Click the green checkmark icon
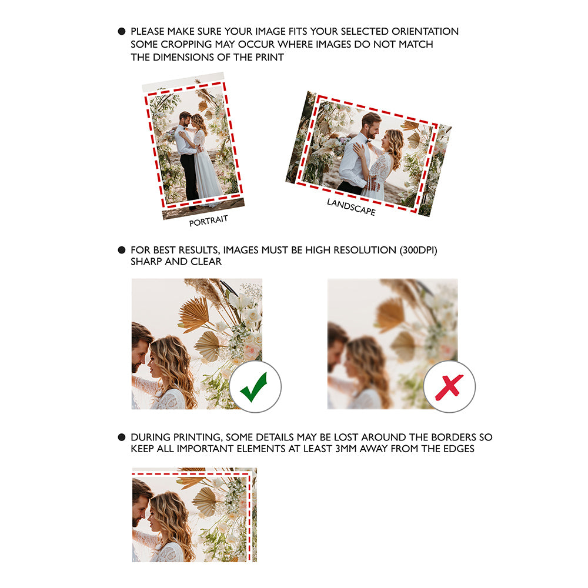click(254, 387)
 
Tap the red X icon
click(449, 387)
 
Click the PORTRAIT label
click(209, 220)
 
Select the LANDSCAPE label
click(351, 207)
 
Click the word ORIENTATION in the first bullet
click(425, 31)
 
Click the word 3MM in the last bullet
click(346, 449)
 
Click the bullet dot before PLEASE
click(122, 31)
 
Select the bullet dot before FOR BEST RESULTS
click(122, 250)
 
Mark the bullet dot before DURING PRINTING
click(122, 437)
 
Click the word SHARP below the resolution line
click(146, 262)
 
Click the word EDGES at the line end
click(459, 449)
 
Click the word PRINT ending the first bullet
click(269, 58)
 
